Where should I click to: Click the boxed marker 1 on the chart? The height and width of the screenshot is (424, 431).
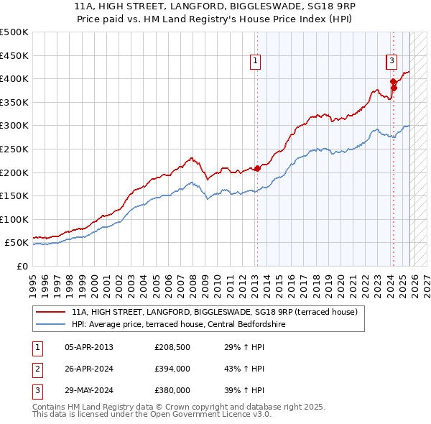tap(256, 61)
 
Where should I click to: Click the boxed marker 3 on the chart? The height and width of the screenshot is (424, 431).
tap(391, 61)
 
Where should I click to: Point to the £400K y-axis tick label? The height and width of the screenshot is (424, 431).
tap(14, 78)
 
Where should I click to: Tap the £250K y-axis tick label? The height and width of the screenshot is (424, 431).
tap(14, 149)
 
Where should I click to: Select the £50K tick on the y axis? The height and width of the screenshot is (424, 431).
tap(17, 243)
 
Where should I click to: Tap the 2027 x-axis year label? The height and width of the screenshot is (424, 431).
tap(426, 280)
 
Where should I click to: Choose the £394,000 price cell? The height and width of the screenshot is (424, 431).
tap(172, 369)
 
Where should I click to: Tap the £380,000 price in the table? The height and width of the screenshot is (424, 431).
tap(172, 390)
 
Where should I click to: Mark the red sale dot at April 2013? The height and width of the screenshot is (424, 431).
tap(257, 168)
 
